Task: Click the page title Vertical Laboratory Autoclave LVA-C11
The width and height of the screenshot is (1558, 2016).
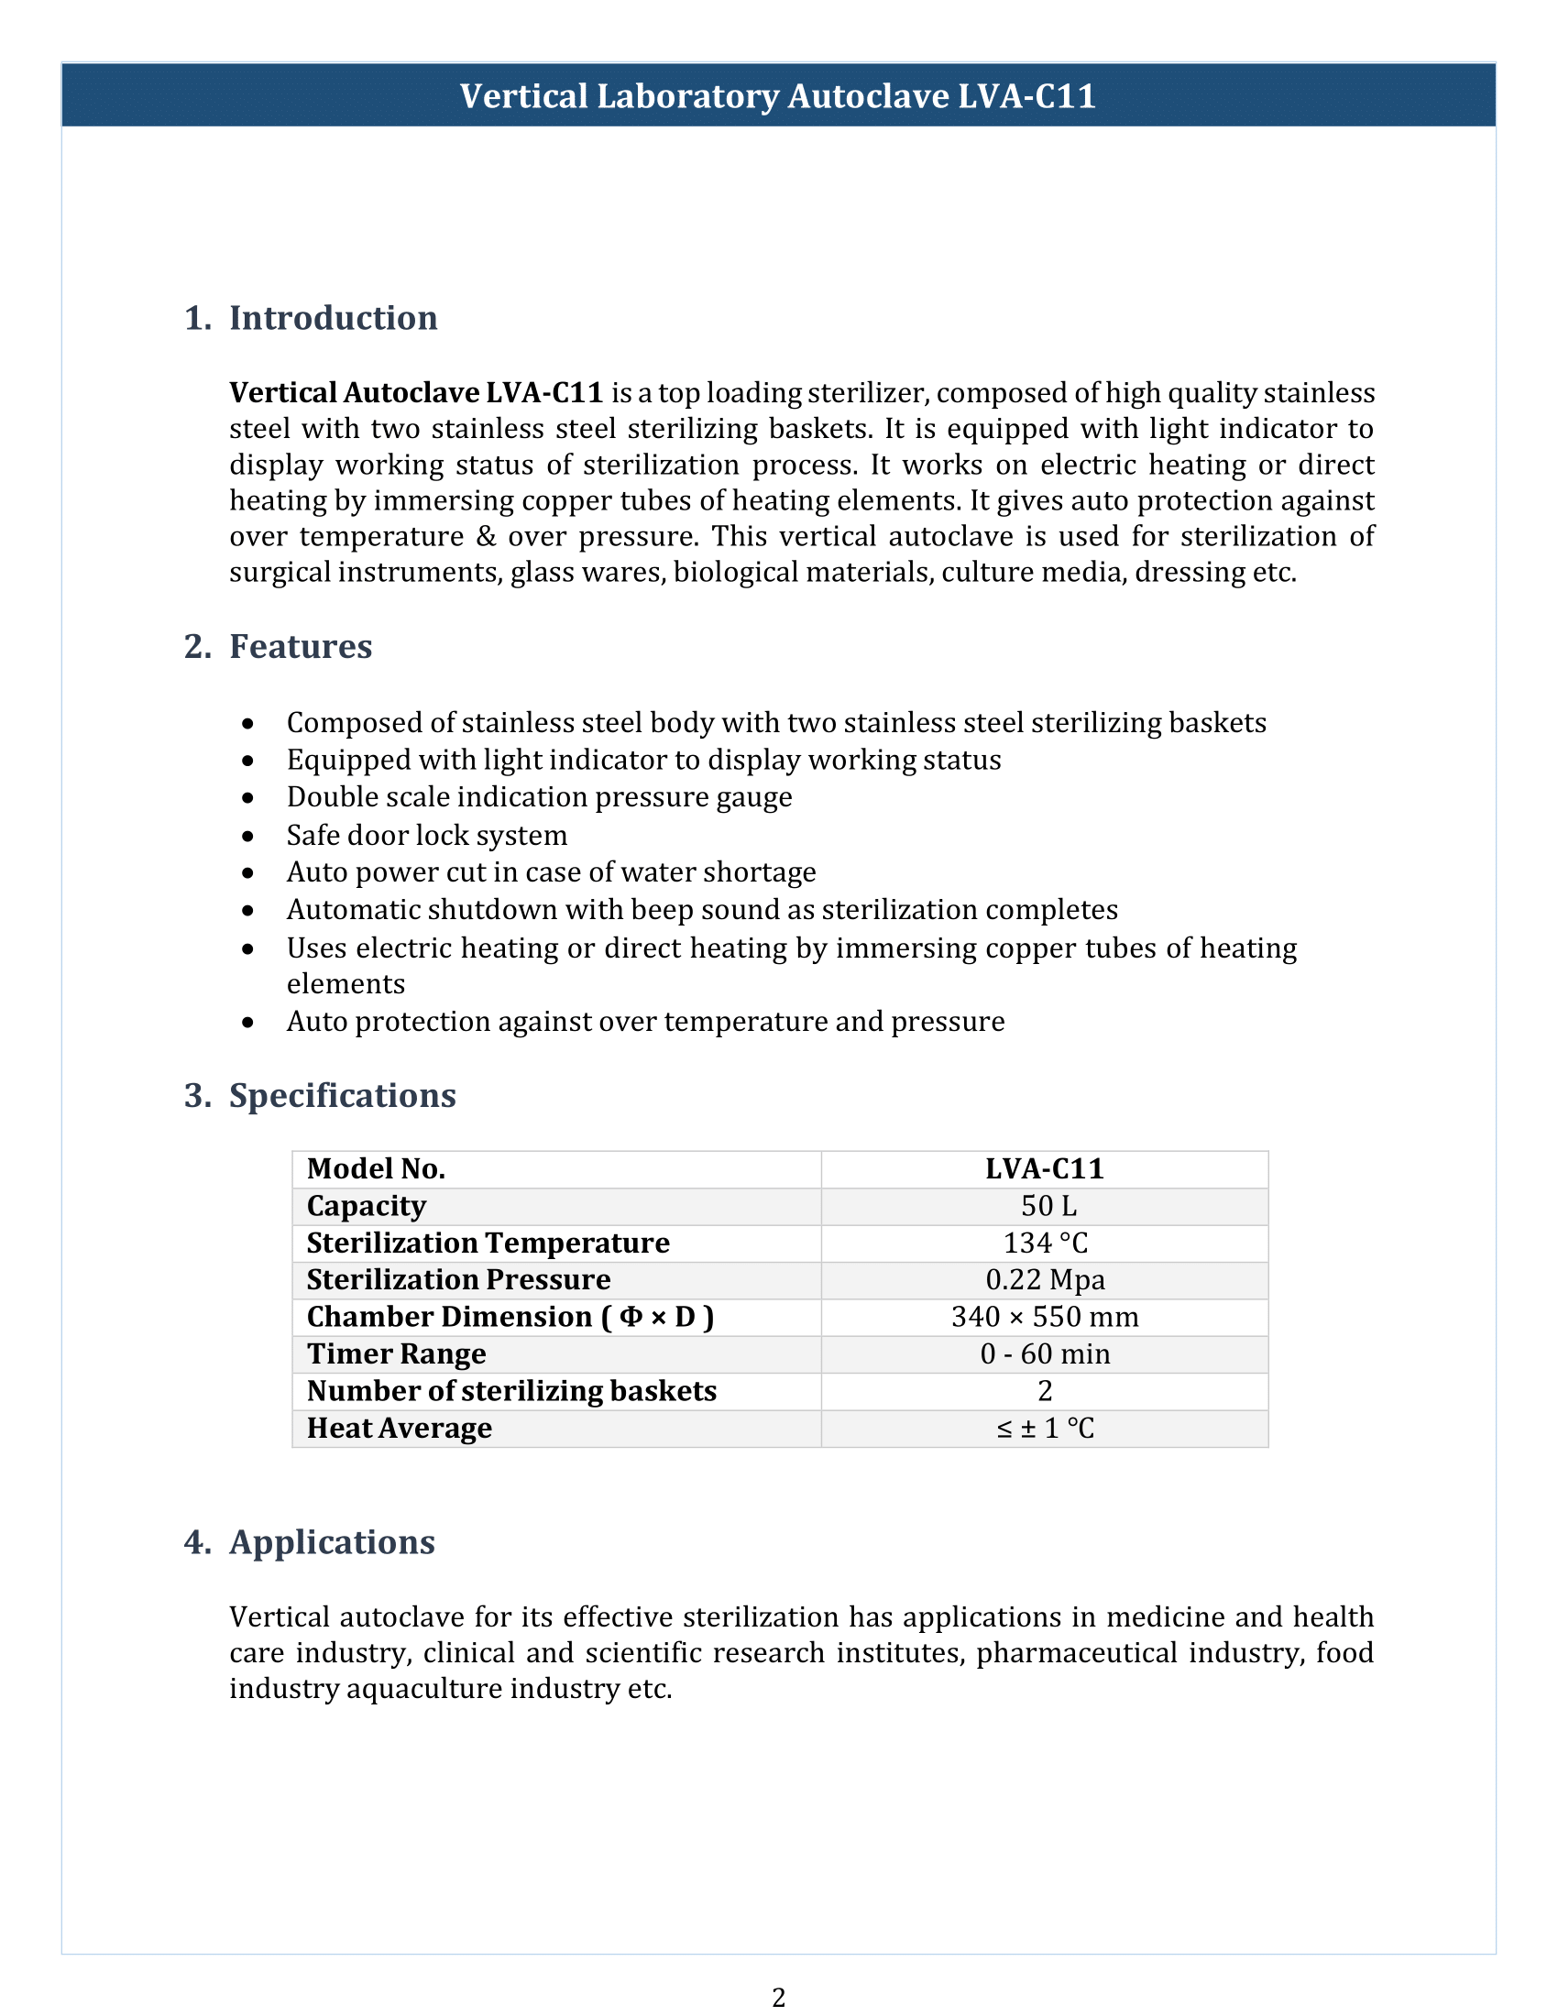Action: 778,96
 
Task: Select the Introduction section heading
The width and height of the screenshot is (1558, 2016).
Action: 334,318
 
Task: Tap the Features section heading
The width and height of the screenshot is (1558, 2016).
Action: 300,646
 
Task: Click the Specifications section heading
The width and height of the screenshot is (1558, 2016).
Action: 343,1096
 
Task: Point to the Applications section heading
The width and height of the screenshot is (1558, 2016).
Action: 333,1542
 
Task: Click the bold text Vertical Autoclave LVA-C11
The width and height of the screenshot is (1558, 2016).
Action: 415,393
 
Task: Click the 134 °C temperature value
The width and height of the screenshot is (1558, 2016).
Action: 1046,1244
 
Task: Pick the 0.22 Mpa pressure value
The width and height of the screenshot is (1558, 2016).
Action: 1045,1280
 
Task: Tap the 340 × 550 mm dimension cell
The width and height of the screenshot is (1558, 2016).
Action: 1045,1317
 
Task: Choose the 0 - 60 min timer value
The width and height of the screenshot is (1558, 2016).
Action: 1045,1354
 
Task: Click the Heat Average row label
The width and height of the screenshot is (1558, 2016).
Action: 399,1429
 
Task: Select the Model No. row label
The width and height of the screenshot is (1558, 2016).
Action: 376,1169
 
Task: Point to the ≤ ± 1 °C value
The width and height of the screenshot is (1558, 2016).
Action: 1045,1429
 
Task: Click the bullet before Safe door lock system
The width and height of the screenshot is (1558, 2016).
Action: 247,837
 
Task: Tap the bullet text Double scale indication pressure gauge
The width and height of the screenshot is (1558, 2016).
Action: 539,797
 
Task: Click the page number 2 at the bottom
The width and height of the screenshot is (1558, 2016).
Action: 778,1998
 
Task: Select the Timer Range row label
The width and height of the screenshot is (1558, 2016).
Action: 396,1354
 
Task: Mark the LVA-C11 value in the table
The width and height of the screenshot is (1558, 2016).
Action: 1045,1169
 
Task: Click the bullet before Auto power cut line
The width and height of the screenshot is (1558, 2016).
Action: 247,873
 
